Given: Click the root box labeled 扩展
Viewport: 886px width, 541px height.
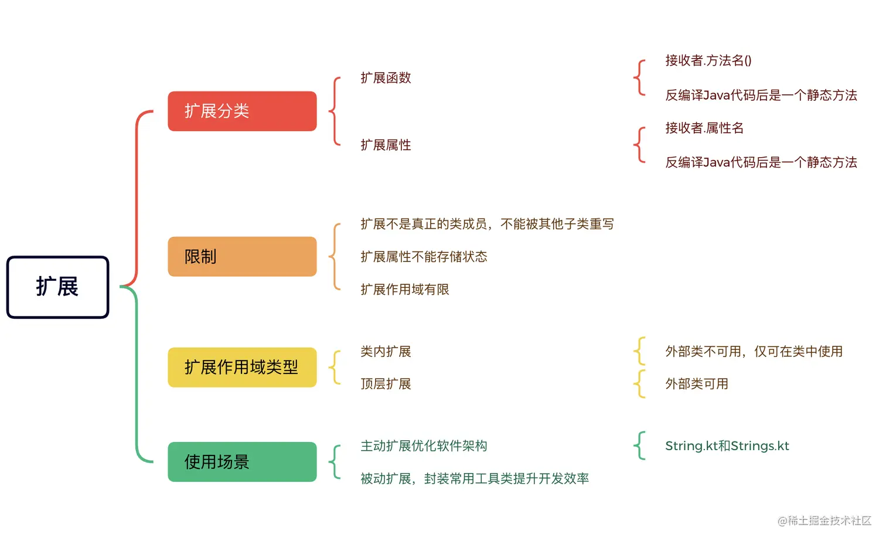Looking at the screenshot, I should tap(57, 287).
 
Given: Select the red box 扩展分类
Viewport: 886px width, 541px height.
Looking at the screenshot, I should tap(242, 111).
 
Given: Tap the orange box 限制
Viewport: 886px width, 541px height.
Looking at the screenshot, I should tap(242, 256).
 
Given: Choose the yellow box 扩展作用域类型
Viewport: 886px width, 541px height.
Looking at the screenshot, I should tap(242, 367).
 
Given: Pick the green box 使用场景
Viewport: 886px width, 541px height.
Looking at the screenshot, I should tap(242, 462).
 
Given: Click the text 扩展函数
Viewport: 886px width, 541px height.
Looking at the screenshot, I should tap(386, 78).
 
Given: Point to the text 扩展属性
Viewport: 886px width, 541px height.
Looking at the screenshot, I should tap(386, 145).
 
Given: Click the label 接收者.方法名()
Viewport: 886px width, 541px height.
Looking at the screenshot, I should tap(708, 60).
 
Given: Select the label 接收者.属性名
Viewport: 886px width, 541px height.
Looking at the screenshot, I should tap(704, 128).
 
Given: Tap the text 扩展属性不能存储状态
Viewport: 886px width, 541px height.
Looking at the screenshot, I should tap(424, 257).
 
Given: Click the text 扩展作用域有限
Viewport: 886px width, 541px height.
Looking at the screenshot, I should tap(404, 290).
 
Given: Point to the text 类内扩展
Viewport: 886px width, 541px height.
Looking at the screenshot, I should tap(386, 352).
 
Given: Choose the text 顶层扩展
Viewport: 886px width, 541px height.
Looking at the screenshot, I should tap(386, 384).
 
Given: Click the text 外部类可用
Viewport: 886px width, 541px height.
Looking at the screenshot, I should tap(697, 384).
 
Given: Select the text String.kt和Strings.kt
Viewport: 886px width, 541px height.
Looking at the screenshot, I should tap(727, 446).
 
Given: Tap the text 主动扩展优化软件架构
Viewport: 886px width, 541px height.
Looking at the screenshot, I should tap(424, 446).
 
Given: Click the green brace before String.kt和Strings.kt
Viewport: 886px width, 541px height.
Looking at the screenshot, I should tap(639, 446).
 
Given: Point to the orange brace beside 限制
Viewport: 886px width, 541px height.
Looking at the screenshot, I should tap(335, 256).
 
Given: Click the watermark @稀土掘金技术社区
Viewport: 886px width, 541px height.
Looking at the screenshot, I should tap(824, 520).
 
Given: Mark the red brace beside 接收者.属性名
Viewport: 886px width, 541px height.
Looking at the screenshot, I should tap(639, 145).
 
